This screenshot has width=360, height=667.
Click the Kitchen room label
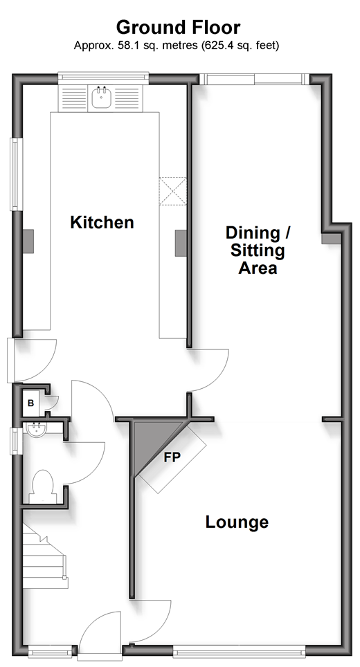point(102,222)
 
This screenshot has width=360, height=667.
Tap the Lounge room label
point(237,522)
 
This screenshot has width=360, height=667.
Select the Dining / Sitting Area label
point(258,250)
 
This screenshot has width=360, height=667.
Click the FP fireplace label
point(172,457)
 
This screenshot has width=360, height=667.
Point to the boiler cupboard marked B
point(30,403)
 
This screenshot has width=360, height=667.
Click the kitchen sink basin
point(101,98)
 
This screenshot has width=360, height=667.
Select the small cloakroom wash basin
point(35,430)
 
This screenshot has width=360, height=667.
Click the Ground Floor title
point(179,28)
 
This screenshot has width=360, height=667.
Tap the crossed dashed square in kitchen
point(173,192)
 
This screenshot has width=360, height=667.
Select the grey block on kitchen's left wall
point(28,241)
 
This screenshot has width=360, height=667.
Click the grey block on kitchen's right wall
point(181,243)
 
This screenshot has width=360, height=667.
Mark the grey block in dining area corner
point(331,238)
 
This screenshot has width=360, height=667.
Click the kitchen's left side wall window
point(15,174)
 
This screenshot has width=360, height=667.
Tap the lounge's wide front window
point(239,650)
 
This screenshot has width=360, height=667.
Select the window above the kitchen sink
point(103,77)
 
